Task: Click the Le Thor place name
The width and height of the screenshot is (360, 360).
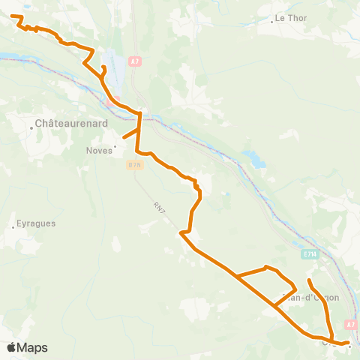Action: (292, 17)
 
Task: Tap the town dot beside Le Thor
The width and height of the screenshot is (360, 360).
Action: (271, 21)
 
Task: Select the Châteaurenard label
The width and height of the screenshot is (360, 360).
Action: (72, 122)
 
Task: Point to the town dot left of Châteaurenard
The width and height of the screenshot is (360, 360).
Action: (31, 127)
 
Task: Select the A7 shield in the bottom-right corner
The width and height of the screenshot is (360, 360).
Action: (350, 324)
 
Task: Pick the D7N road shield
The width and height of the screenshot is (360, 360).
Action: (135, 164)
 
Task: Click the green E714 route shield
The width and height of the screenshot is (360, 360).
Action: (310, 255)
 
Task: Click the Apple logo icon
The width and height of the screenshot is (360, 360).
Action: (12, 347)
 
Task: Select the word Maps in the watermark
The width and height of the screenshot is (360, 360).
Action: (32, 347)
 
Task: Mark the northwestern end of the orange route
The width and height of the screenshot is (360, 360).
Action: (12, 16)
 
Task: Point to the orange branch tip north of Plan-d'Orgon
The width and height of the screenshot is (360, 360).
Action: (309, 280)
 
